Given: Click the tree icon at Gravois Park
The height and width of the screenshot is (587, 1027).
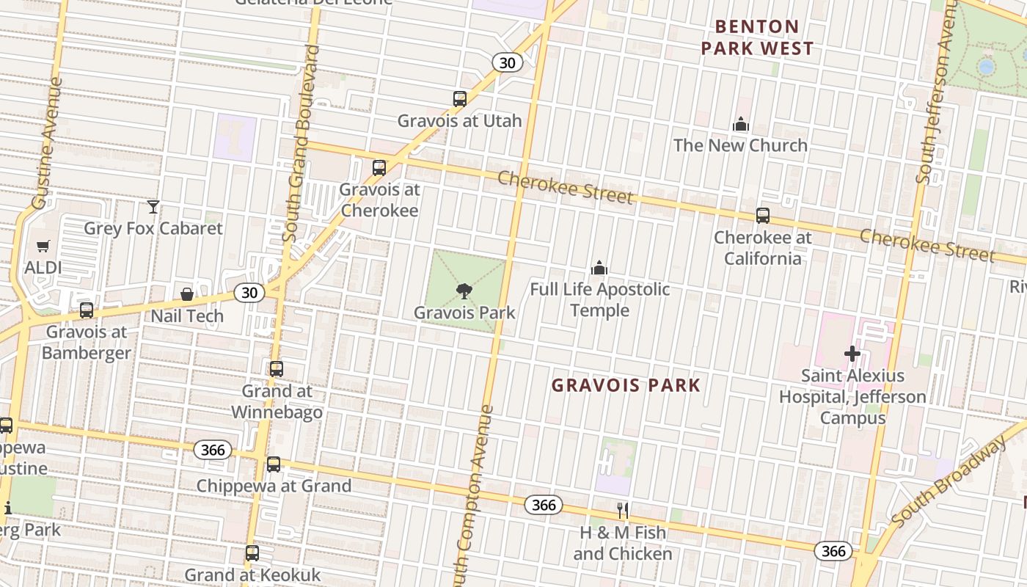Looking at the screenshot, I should click(464, 291).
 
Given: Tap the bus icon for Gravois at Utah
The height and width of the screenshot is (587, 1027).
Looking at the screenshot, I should click(460, 98).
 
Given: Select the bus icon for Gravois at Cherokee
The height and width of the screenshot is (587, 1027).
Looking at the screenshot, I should click(379, 168).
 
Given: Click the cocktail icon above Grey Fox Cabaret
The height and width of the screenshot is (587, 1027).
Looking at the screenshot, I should click(153, 207).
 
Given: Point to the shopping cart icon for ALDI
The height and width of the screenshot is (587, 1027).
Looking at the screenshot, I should click(43, 247).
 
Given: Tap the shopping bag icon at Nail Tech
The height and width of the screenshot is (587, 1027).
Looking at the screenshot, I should click(187, 294).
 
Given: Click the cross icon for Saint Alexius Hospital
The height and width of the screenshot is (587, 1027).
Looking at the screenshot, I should click(852, 354).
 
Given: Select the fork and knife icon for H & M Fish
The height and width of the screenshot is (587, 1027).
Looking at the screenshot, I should click(622, 511).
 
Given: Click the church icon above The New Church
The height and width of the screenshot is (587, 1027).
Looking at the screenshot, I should click(741, 124).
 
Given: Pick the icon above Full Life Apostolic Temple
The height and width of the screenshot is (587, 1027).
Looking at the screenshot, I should click(599, 268).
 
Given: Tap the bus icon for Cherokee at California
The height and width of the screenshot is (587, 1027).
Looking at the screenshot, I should click(763, 216).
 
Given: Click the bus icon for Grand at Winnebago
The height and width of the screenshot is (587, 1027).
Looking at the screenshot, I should click(277, 369).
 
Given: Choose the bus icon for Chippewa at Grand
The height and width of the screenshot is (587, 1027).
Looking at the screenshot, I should click(274, 464).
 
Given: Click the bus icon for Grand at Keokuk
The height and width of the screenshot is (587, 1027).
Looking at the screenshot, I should click(252, 553).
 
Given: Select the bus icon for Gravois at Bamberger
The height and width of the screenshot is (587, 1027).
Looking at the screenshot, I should click(87, 310).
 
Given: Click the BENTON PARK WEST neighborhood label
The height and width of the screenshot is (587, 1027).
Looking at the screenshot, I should click(757, 37).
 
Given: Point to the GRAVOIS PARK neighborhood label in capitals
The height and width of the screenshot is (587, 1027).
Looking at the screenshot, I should click(626, 385).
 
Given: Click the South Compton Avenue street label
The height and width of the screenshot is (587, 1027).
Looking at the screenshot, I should click(475, 499).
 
